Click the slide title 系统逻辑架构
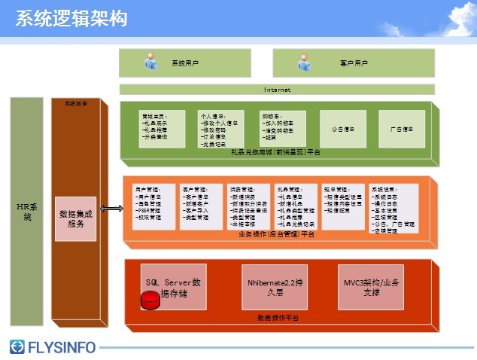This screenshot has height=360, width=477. (x=71, y=19)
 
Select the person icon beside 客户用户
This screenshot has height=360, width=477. (x=305, y=63)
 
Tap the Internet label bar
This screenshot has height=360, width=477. (x=276, y=90)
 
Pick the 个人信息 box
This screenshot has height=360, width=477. (x=220, y=129)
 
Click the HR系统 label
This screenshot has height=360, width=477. (x=29, y=211)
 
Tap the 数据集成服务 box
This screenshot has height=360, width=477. (x=76, y=218)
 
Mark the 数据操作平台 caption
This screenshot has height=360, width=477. (x=278, y=319)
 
